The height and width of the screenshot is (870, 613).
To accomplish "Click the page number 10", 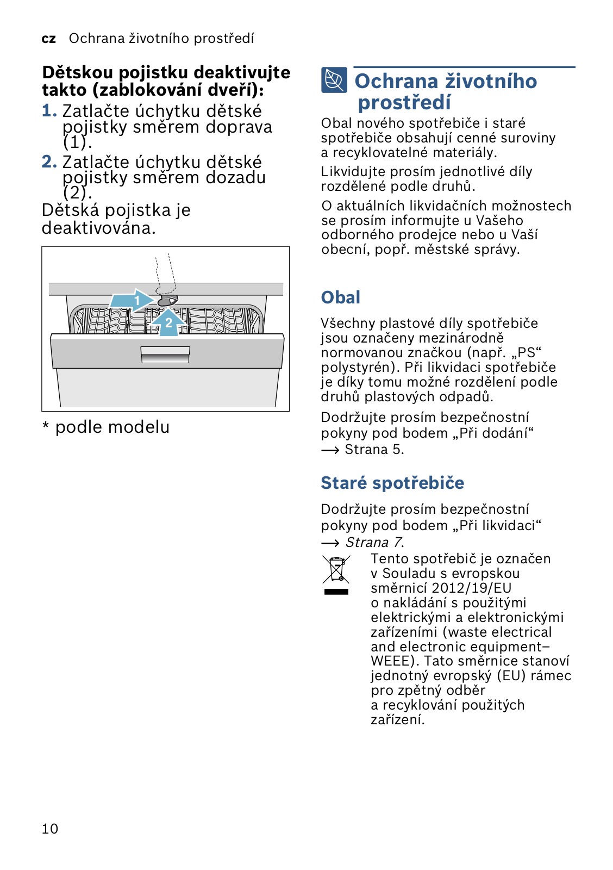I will [50, 829].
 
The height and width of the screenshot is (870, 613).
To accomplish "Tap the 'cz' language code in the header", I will [48, 39].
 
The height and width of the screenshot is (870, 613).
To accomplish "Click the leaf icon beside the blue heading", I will [334, 80].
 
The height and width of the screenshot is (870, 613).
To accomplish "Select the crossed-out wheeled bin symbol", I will [336, 569].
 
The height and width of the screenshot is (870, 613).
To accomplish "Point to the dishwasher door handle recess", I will [165, 354].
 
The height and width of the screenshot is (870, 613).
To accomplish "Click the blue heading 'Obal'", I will [341, 297].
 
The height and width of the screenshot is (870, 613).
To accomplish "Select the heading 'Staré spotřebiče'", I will [392, 483].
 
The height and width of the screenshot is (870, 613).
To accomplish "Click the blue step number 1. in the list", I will [49, 111].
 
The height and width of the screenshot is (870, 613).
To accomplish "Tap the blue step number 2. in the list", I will [49, 161].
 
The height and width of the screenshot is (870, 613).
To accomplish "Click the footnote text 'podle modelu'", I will [112, 427].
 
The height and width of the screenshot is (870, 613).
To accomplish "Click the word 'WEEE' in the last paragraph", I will [390, 661].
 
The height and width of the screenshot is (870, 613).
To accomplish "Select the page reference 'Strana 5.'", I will [374, 450].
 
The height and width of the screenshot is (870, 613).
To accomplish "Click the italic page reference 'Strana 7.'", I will [374, 543].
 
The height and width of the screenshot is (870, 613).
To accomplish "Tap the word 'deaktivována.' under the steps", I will [98, 228].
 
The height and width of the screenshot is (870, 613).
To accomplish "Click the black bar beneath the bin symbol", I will [336, 592].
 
